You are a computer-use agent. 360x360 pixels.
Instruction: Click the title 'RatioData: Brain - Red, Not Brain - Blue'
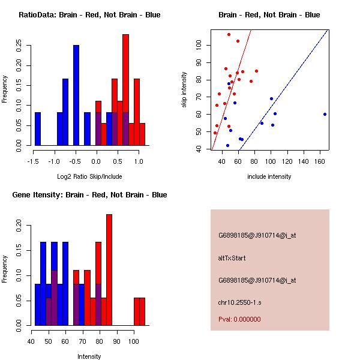(89, 15)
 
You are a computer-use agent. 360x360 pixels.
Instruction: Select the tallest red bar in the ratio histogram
(125, 90)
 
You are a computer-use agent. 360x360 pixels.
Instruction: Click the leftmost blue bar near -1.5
(38, 128)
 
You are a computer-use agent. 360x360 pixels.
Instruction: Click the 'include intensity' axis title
(269, 177)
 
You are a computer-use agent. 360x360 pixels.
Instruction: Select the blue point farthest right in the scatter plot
(325, 114)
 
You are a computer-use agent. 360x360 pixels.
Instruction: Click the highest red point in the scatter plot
(229, 34)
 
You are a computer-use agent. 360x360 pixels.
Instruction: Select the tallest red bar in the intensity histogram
(109, 269)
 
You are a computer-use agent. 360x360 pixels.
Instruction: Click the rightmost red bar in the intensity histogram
(142, 311)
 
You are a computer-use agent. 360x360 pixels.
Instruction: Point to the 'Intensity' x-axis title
(89, 357)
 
